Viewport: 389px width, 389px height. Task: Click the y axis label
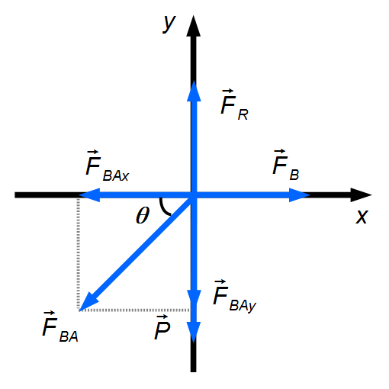[x=169, y=24]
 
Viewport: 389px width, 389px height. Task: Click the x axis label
[x=362, y=217]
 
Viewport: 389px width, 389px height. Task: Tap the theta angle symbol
[x=143, y=215]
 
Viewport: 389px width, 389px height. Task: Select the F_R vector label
[x=234, y=104]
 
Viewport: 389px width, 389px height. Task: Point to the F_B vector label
[x=285, y=165]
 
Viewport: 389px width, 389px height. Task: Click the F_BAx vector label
[x=108, y=166]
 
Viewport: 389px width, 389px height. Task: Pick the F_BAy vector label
[x=234, y=296]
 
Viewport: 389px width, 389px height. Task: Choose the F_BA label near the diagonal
[x=60, y=326]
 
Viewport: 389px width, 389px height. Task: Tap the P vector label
[x=162, y=327]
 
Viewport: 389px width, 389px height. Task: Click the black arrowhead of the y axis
[x=194, y=26]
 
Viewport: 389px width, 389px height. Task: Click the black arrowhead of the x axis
[x=362, y=195]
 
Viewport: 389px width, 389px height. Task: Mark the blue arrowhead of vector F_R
[x=194, y=91]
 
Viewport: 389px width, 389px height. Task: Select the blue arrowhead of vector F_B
[x=300, y=195]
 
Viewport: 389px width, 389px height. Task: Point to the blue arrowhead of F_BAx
[x=89, y=195]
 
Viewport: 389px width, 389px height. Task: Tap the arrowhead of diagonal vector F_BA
[x=88, y=302]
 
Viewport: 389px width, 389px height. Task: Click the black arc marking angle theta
[x=164, y=207]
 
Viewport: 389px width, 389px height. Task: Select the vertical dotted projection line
[x=78, y=254]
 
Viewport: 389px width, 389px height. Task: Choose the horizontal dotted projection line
[x=135, y=310]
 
